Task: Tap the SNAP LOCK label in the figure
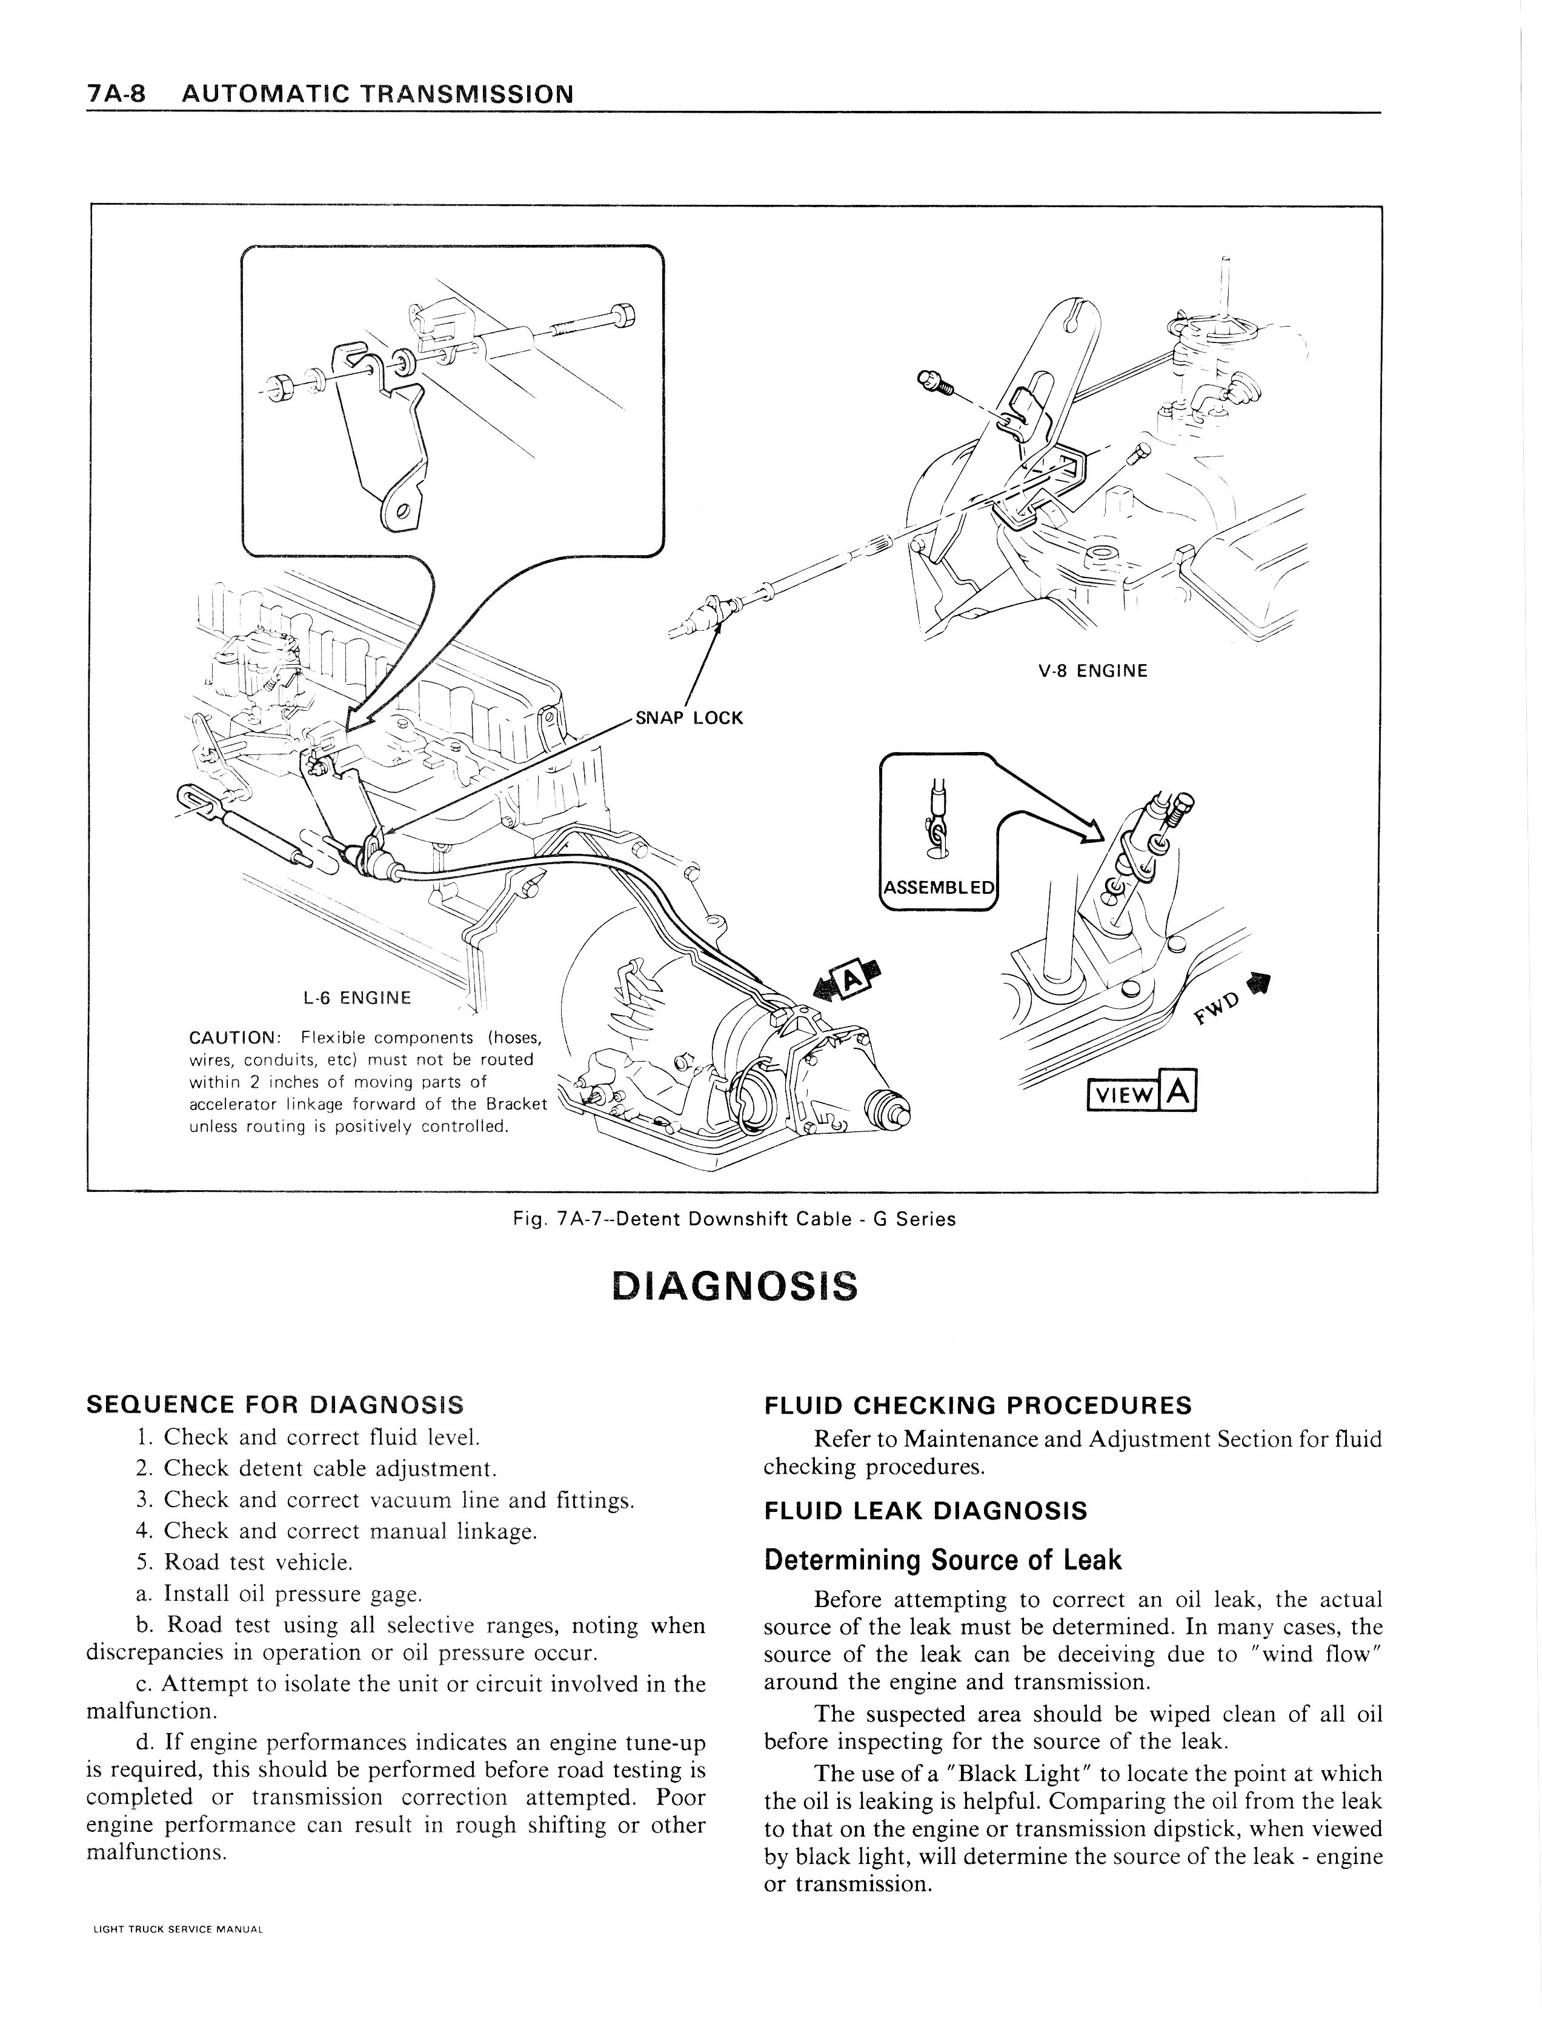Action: tap(688, 718)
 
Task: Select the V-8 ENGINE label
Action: tap(1092, 671)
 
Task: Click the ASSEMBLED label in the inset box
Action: tap(937, 888)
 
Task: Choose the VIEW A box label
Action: tap(1141, 1093)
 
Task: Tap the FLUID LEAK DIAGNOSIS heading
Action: tap(925, 1511)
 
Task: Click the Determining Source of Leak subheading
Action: tap(943, 1560)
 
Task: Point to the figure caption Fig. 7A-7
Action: tap(734, 1219)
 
